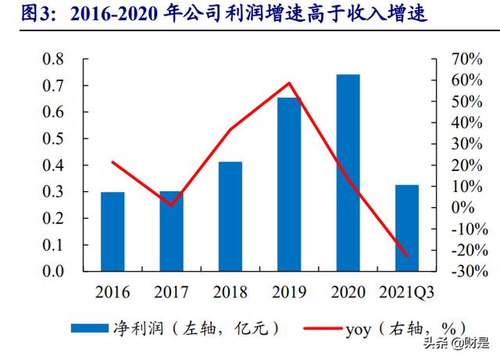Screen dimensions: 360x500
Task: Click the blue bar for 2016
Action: coord(112,231)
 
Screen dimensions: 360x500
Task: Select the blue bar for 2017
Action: coord(171,231)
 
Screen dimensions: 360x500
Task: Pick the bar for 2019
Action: coord(288,184)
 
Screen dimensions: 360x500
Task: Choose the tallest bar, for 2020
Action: coord(348,173)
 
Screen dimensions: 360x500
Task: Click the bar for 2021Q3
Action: coord(406,228)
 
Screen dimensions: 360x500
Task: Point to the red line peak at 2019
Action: coord(289,83)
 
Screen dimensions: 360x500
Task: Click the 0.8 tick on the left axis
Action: coord(52,59)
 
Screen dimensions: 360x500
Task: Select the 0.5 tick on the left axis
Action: coord(52,139)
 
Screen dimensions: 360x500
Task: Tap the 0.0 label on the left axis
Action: coord(52,271)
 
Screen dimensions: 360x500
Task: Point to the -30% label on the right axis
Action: coord(468,271)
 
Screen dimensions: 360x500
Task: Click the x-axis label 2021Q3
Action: coord(406,293)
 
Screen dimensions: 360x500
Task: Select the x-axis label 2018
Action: coord(230,293)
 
